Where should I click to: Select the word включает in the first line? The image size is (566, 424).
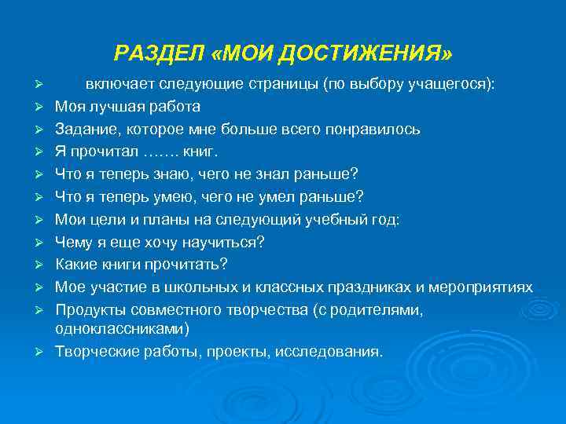(119, 84)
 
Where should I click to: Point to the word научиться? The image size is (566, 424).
(223, 243)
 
